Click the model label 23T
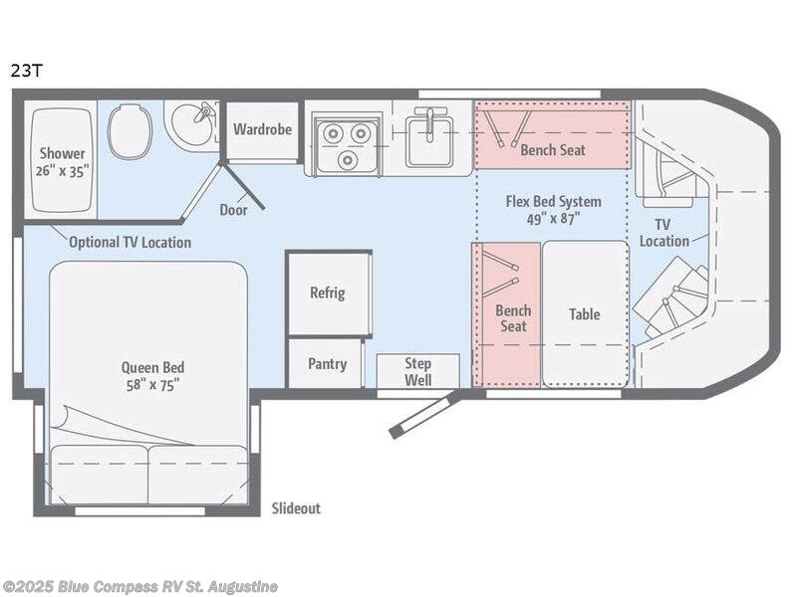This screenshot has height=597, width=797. [x=26, y=71]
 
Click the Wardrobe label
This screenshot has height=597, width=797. [x=262, y=129]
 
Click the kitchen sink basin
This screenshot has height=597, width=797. [x=429, y=140]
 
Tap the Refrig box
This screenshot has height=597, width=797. [x=328, y=293]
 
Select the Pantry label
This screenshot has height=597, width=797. [x=327, y=364]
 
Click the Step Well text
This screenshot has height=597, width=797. [x=417, y=372]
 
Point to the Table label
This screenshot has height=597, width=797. [x=585, y=314]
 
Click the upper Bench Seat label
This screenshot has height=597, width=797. [x=553, y=150]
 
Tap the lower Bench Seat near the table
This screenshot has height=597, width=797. [x=512, y=318]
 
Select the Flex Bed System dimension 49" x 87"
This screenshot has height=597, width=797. [x=552, y=219]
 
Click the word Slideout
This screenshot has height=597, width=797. [x=296, y=508]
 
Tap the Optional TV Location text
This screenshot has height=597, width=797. [x=130, y=242]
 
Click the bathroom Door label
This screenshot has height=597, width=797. [x=233, y=210]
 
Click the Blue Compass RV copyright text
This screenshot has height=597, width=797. [x=140, y=587]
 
